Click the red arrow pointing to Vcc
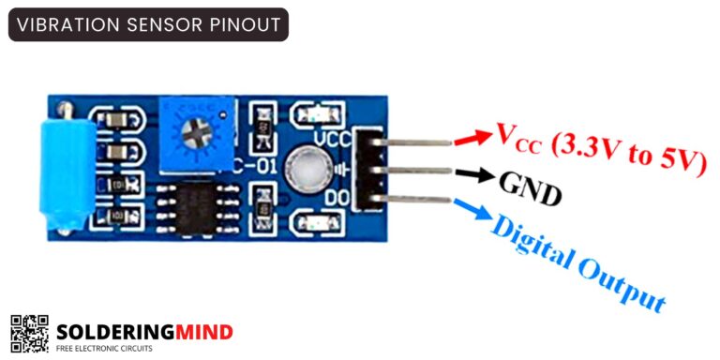click(473, 138)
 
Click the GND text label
click(532, 188)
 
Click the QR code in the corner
click(29, 333)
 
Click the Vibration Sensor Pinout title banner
click(148, 24)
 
